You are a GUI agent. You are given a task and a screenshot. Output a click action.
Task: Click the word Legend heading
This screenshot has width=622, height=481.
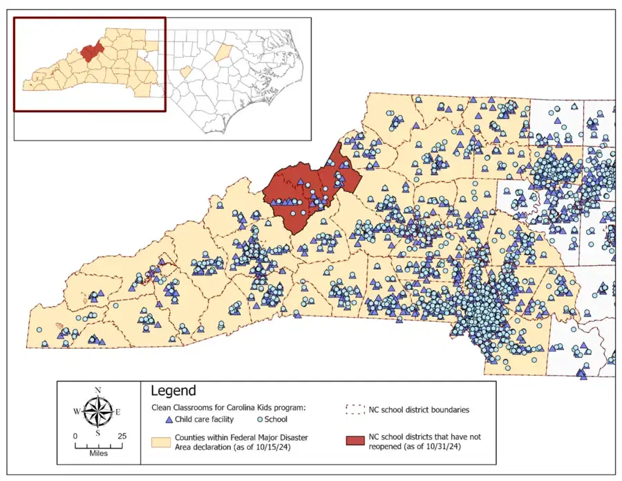coord(173,391)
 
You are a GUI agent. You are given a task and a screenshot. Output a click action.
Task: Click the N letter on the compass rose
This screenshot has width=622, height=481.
coord(98,390)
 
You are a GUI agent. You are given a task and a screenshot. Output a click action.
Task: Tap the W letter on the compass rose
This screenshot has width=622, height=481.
coord(76,412)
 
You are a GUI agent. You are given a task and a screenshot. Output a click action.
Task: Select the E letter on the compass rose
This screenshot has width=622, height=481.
coord(118,412)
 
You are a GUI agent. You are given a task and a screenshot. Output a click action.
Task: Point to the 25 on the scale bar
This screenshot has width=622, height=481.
coord(122,437)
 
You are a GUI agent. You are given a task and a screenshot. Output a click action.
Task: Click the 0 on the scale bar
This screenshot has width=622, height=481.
coord(75,437)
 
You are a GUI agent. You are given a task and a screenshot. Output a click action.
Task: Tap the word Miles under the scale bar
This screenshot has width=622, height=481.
coord(98,454)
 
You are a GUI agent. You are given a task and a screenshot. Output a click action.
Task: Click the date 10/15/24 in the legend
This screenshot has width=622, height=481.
coord(284,448)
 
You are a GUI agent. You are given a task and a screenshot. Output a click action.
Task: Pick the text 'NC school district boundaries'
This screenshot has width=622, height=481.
coord(420,410)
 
